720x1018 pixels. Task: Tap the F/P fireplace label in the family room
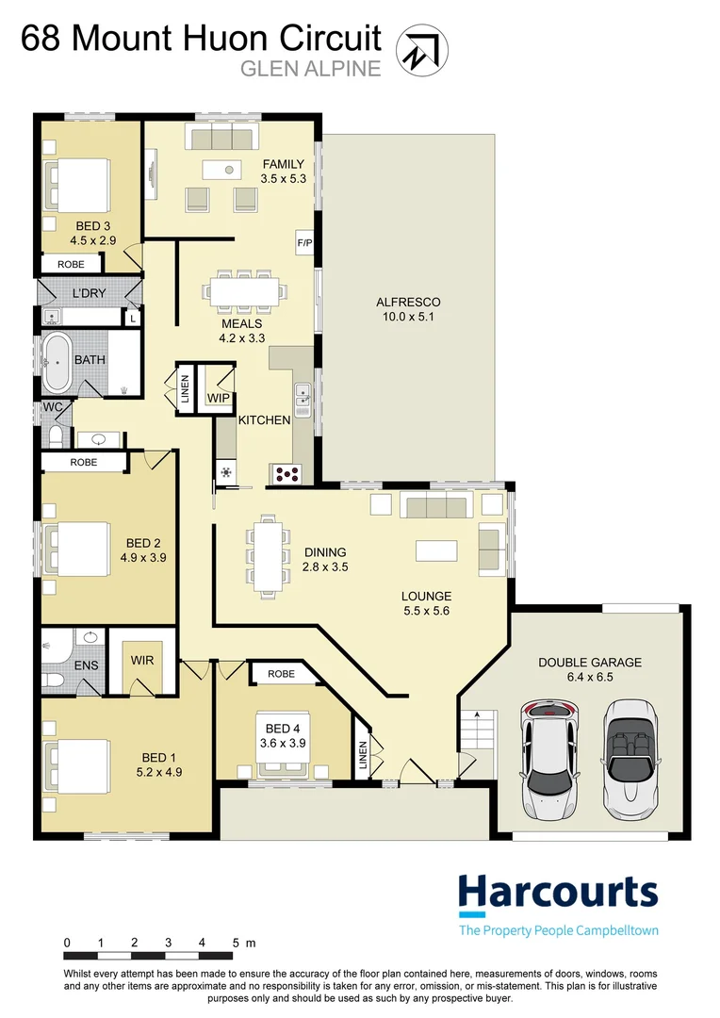click(304, 242)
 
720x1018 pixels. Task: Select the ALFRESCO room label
click(408, 303)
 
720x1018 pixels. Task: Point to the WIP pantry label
click(220, 398)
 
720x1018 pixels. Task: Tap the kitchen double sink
click(303, 398)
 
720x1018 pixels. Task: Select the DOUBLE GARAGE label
click(590, 662)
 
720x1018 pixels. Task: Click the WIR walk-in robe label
click(143, 661)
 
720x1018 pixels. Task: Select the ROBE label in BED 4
click(281, 674)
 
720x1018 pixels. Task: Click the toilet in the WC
click(55, 435)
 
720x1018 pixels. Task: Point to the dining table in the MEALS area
click(245, 290)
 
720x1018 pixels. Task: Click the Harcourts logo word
click(557, 894)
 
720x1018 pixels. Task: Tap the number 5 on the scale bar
click(236, 943)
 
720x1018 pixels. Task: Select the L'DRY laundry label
click(89, 293)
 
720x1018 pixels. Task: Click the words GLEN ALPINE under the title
click(310, 69)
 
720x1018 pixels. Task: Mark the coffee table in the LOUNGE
click(436, 550)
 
